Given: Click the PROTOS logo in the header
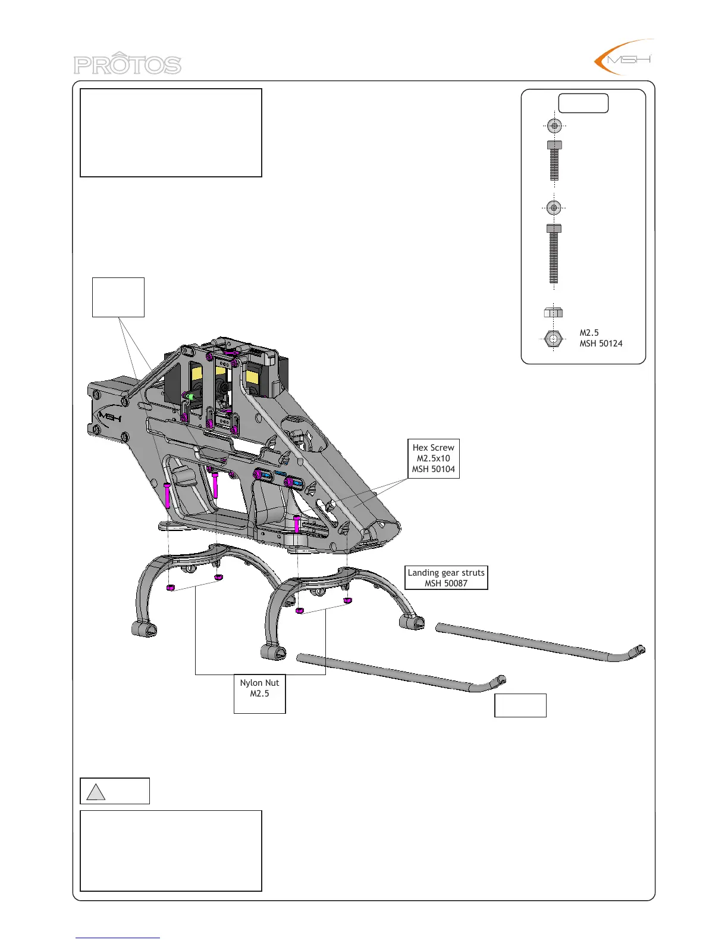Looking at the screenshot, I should click(x=127, y=64).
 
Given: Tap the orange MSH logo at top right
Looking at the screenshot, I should click(x=625, y=58).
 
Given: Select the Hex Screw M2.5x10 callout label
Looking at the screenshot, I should click(x=433, y=458).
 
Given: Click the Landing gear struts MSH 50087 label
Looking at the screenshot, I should click(x=446, y=577).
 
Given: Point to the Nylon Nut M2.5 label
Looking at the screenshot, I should click(x=259, y=689).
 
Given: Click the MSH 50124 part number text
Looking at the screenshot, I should click(x=601, y=344).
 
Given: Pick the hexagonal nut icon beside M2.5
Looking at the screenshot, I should click(x=554, y=339).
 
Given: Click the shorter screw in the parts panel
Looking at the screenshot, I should click(x=554, y=160).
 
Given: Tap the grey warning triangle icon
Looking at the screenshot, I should click(x=96, y=792).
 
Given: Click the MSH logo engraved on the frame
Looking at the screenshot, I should click(x=110, y=417).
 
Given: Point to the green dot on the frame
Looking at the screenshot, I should click(x=190, y=395).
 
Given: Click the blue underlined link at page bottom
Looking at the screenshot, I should click(x=118, y=938).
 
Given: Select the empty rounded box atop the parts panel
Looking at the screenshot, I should click(x=583, y=103).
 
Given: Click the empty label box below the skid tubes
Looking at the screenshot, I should click(x=520, y=705).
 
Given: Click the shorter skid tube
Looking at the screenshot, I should click(x=398, y=673).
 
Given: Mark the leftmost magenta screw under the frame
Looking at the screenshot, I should click(x=167, y=495).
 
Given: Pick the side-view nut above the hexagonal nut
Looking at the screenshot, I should click(x=553, y=313).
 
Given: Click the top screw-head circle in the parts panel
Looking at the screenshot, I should click(x=554, y=126).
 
